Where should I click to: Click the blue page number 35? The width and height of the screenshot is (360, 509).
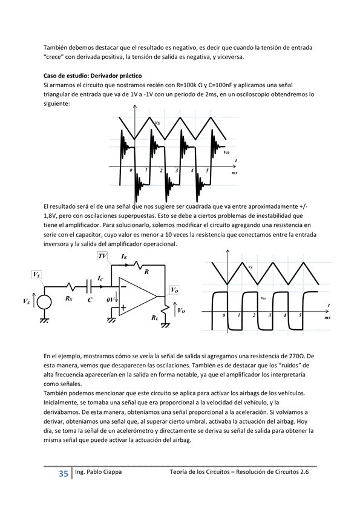click(x=64, y=474)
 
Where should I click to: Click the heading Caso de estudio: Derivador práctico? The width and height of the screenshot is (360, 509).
click(x=93, y=76)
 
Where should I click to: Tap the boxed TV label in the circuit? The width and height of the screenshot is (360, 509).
click(x=102, y=256)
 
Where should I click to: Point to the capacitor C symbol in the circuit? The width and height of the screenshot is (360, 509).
click(x=89, y=287)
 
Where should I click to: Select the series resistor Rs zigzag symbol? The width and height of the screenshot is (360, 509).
click(x=71, y=287)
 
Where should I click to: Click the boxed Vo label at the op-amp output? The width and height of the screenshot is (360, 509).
click(x=175, y=290)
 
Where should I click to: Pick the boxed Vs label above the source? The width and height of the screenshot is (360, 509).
click(x=36, y=275)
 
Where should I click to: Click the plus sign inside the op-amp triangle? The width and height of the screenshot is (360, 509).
click(x=123, y=307)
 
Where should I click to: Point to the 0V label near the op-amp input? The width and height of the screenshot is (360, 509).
click(x=110, y=300)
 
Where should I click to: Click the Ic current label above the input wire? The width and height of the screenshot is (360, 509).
click(x=100, y=278)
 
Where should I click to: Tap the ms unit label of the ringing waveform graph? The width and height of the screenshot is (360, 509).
click(x=234, y=173)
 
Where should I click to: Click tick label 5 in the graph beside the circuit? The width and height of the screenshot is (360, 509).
click(x=300, y=315)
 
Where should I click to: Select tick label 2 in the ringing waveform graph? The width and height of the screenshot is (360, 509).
click(x=161, y=171)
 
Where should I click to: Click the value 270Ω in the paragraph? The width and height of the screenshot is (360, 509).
click(x=297, y=356)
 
